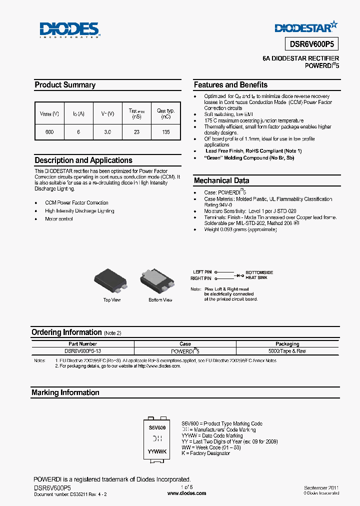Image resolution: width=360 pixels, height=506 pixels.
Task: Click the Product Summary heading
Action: pyautogui.click(x=65, y=85)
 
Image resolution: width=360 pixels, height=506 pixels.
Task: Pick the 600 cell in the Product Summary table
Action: pyautogui.click(x=49, y=132)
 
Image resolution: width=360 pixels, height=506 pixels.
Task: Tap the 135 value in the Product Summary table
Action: pyautogui.click(x=166, y=132)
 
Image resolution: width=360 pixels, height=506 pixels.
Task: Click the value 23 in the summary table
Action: pyautogui.click(x=137, y=132)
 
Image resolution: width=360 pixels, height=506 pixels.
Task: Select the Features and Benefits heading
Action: pyautogui.click(x=230, y=85)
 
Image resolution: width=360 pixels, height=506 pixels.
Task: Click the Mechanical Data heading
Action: pyautogui.click(x=221, y=180)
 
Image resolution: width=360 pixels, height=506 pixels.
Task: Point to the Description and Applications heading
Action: pyautogui.click(x=83, y=160)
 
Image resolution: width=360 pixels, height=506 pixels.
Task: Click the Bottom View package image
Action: pyautogui.click(x=159, y=281)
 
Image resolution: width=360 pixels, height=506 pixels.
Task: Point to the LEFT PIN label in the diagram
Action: pyautogui.click(x=202, y=272)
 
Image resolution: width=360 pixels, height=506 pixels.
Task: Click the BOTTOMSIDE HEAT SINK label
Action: pyautogui.click(x=259, y=275)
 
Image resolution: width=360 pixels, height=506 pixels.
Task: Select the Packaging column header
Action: pyautogui.click(x=287, y=344)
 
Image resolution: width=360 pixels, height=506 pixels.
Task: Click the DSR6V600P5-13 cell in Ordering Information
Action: pyautogui.click(x=83, y=351)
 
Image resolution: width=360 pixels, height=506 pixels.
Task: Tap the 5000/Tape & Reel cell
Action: pyautogui.click(x=287, y=351)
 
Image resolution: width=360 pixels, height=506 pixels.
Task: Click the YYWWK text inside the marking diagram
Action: pyautogui.click(x=157, y=451)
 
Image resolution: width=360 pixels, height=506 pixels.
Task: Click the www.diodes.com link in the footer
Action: pyautogui.click(x=186, y=493)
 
